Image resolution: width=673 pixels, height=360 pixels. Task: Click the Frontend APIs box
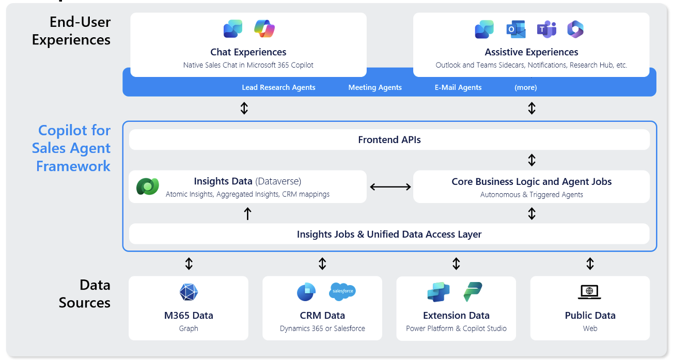tap(389, 139)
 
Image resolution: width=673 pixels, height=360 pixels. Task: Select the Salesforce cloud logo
tap(342, 292)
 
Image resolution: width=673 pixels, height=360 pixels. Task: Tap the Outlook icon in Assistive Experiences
tap(515, 29)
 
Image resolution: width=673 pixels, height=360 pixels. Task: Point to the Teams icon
tap(546, 29)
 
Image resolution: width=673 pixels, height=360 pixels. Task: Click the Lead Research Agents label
tap(278, 87)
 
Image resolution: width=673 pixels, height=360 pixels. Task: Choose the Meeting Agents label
tap(375, 87)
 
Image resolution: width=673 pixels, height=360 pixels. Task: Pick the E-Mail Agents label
tap(458, 87)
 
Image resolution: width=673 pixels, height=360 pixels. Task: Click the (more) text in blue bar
tap(525, 87)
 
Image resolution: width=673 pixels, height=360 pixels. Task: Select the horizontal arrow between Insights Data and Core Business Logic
tap(390, 187)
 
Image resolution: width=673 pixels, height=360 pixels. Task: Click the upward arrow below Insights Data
tap(247, 213)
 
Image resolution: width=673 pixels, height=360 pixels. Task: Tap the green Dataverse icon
tap(148, 186)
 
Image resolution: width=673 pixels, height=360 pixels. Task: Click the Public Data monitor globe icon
tap(589, 292)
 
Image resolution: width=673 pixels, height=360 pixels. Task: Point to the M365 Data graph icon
tap(189, 292)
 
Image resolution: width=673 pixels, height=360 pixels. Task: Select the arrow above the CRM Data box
tap(322, 264)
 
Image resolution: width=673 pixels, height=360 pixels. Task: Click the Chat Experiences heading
tap(248, 52)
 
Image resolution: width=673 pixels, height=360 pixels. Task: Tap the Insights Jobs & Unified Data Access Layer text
tap(389, 234)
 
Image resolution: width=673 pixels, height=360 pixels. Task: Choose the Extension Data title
tap(456, 316)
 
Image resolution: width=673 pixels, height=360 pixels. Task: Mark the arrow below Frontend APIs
tap(531, 160)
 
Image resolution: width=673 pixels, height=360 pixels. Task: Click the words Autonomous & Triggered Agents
tap(531, 195)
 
